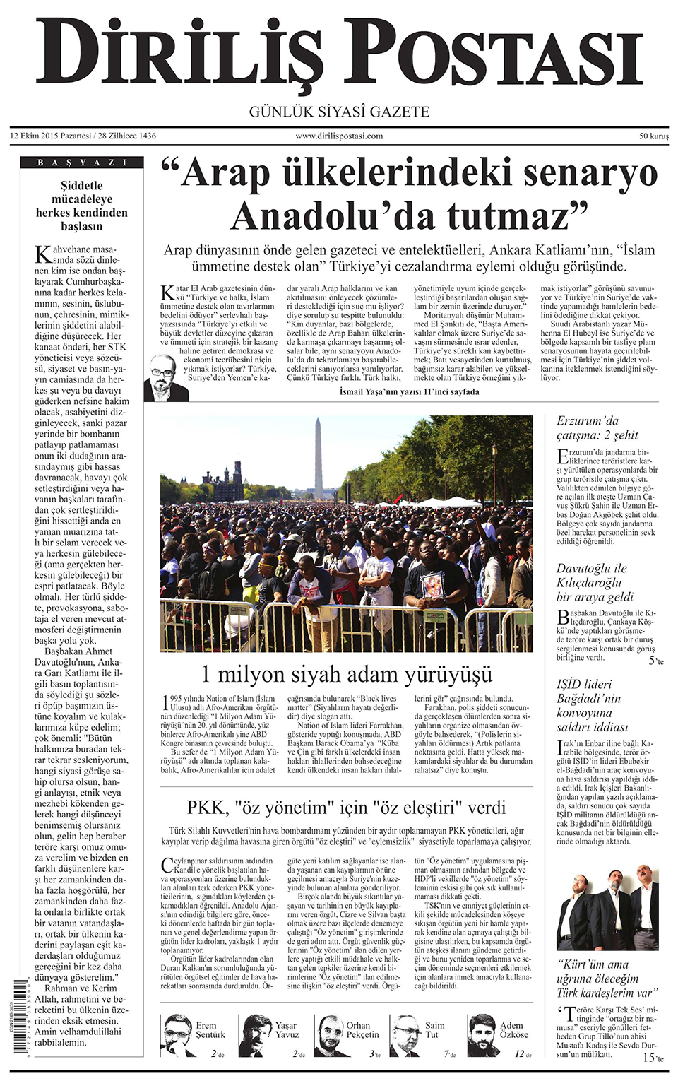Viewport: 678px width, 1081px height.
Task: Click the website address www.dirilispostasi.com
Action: click(x=339, y=136)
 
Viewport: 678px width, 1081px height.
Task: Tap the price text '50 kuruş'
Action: click(x=654, y=136)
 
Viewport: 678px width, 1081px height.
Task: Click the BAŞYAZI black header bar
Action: click(x=82, y=163)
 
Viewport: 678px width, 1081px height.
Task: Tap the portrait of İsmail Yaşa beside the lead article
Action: click(x=165, y=379)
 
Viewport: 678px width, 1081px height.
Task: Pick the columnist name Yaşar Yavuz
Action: click(x=287, y=1030)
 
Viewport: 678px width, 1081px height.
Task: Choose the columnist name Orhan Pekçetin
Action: click(x=362, y=1030)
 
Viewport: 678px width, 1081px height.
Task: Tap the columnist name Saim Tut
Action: click(x=434, y=1030)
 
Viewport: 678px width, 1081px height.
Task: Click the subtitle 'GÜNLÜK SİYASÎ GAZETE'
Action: click(x=339, y=112)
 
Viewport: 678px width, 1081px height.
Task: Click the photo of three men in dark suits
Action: click(x=607, y=908)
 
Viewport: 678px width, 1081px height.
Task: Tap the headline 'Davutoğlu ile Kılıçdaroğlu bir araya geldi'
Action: click(x=595, y=583)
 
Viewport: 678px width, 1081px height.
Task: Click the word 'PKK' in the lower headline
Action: click(x=208, y=808)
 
